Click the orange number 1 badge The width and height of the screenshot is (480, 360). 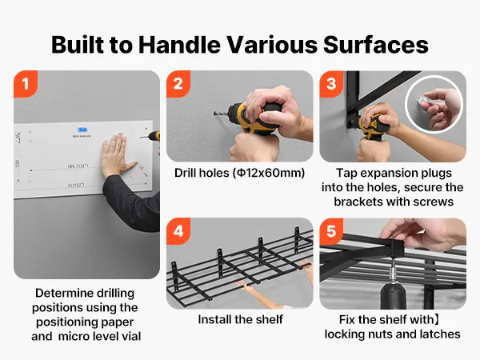[26, 84]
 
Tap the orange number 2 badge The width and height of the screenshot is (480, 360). [178, 84]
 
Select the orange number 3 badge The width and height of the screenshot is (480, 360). [331, 84]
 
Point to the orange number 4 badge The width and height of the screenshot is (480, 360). [178, 231]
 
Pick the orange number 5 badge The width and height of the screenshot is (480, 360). [331, 231]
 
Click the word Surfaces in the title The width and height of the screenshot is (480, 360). [376, 45]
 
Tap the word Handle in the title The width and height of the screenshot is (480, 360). [179, 45]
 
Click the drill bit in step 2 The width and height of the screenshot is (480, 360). [221, 114]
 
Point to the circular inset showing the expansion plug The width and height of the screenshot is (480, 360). [434, 105]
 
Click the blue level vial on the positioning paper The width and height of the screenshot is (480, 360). [82, 130]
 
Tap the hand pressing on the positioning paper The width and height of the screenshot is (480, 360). [116, 155]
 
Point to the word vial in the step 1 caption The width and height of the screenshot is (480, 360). [130, 337]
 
